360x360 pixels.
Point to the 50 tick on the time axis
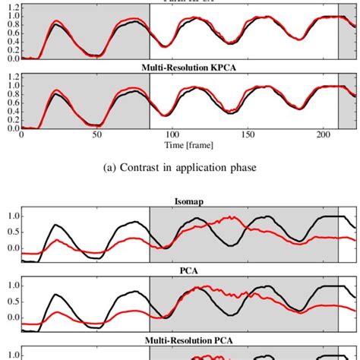(x=96, y=134)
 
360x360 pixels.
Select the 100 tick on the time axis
(x=172, y=134)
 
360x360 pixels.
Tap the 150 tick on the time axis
(x=247, y=134)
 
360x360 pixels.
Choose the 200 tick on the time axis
(x=322, y=134)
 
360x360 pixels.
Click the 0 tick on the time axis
(x=21, y=134)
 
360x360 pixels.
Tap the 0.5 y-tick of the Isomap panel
(x=11, y=232)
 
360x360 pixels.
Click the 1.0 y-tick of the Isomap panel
(x=11, y=216)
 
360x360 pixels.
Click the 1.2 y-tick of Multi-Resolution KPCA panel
(x=11, y=75)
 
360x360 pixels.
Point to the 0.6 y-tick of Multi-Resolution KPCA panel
(x=11, y=102)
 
